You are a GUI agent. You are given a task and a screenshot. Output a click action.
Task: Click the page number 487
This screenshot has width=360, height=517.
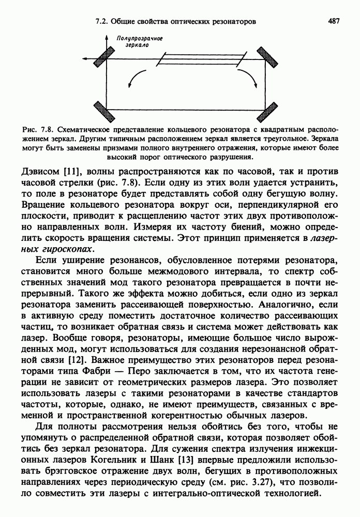point(333,22)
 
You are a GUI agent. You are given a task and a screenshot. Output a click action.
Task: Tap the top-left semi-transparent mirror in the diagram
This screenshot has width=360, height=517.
point(109,55)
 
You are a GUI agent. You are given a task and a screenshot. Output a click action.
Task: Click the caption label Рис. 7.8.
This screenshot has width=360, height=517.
point(38,130)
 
